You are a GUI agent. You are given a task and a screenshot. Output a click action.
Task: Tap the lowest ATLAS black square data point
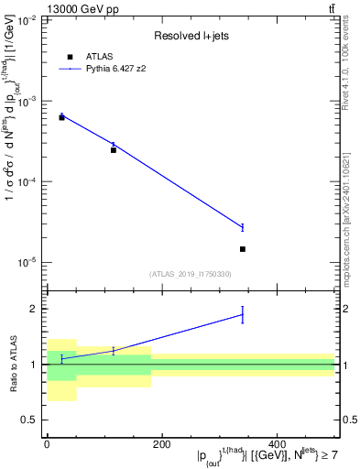243,249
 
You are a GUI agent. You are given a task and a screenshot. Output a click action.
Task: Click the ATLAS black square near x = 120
114,149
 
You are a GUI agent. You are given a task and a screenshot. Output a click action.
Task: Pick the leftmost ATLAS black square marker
61,117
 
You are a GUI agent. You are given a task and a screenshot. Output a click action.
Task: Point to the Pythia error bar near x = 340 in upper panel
243,227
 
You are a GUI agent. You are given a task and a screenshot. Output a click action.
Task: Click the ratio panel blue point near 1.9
243,315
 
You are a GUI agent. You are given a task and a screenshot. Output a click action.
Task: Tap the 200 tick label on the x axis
161,444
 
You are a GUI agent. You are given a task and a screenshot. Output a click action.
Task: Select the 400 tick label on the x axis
277,444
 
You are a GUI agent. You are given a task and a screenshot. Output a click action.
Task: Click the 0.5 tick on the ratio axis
29,420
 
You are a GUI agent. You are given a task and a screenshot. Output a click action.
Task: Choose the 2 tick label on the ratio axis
33,309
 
